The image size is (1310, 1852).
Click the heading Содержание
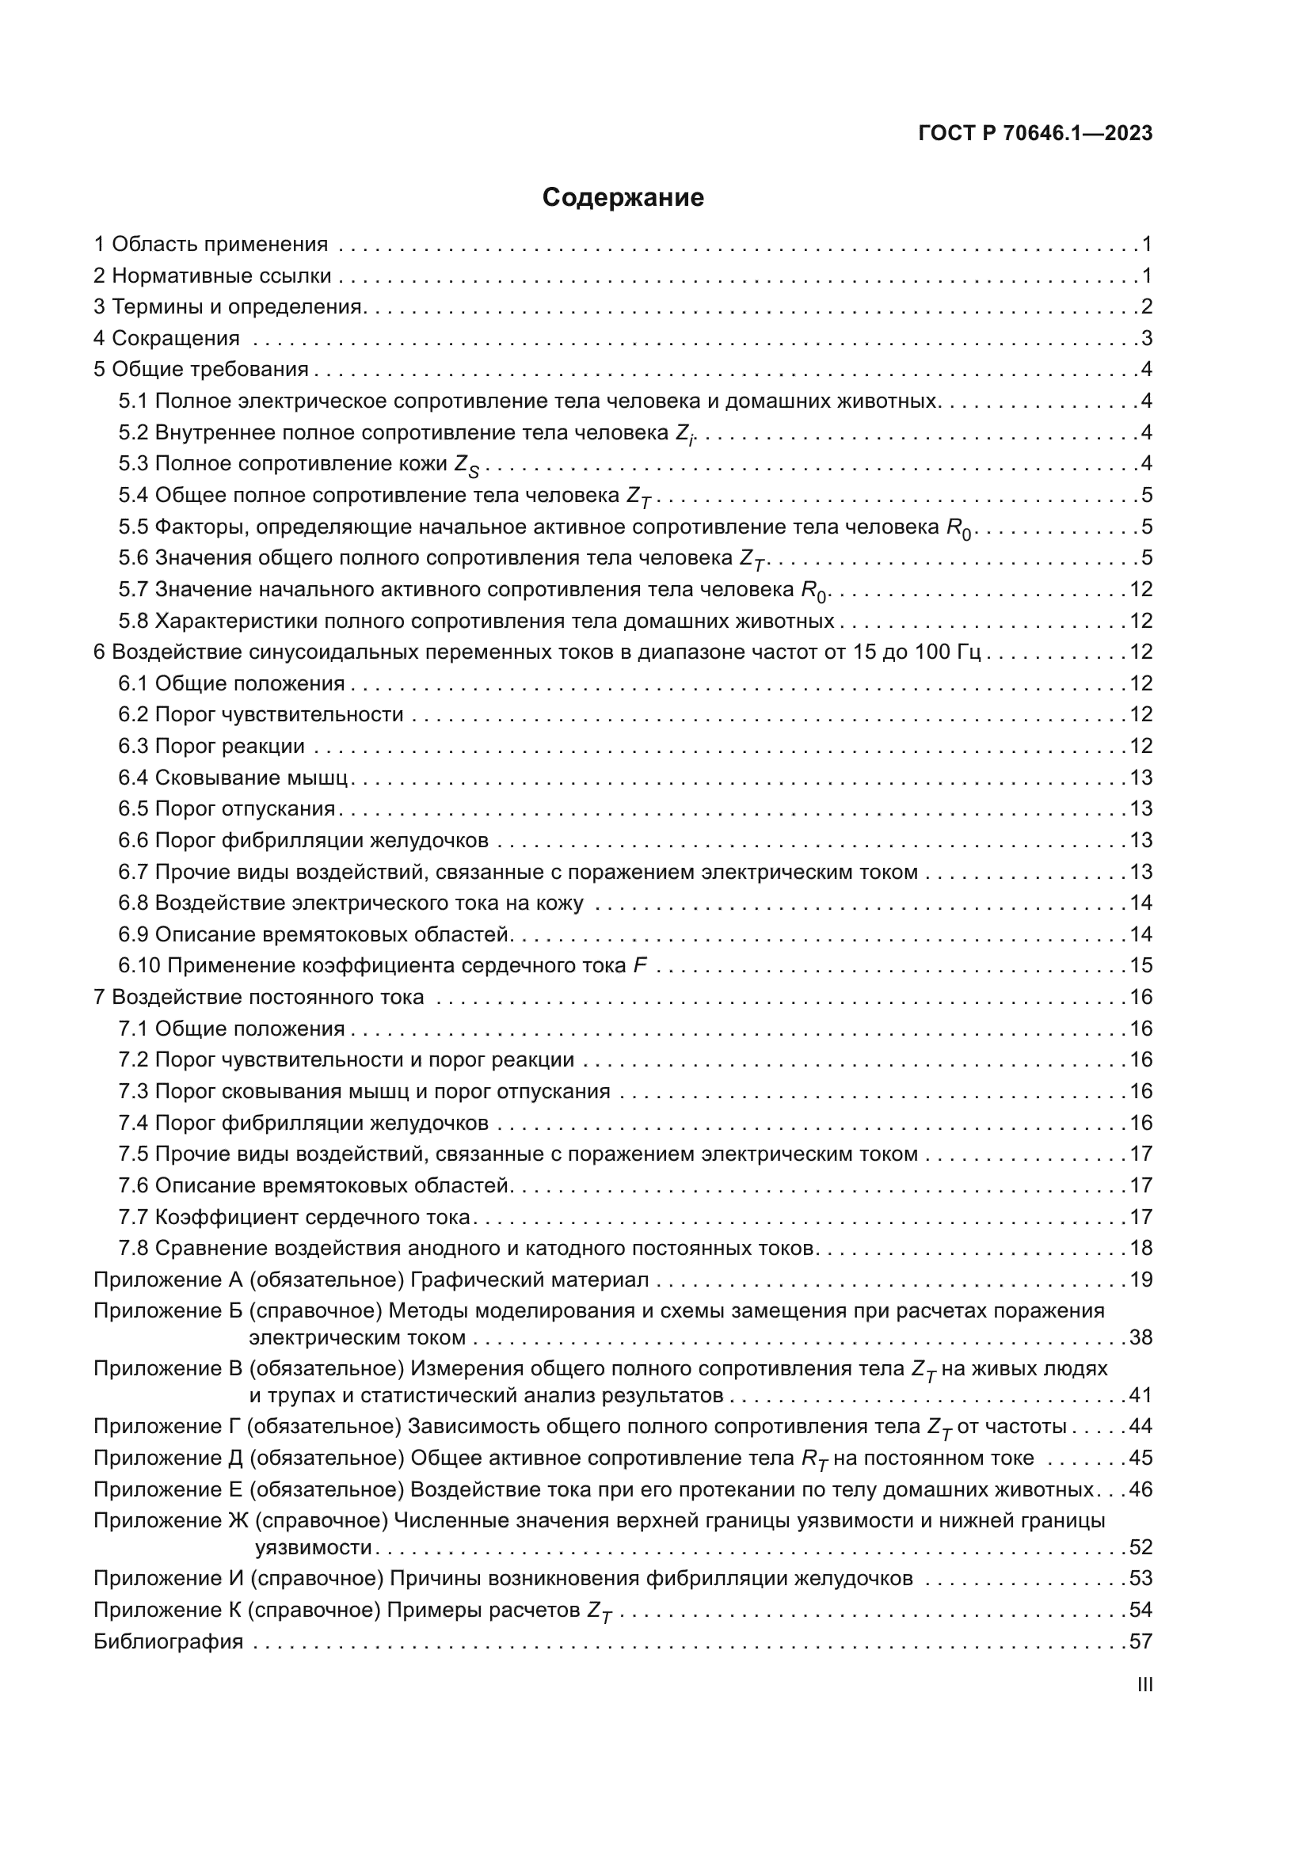[x=623, y=198]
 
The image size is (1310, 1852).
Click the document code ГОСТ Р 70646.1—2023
[x=1035, y=134]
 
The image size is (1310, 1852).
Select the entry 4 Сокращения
[x=167, y=338]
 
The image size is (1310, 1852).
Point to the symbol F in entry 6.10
[x=640, y=965]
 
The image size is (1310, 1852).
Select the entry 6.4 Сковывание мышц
[x=233, y=778]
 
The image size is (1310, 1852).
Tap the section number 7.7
[x=133, y=1216]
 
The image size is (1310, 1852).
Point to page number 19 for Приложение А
[x=1141, y=1280]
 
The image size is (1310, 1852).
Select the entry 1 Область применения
[x=211, y=245]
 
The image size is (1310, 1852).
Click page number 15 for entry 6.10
[x=1141, y=965]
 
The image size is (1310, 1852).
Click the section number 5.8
[x=133, y=621]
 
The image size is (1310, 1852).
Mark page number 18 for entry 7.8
[x=1141, y=1248]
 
